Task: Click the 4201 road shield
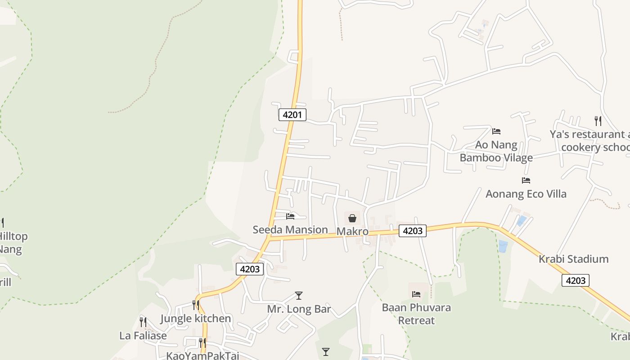(292, 115)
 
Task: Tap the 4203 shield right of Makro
(413, 231)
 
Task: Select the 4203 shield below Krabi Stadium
(576, 281)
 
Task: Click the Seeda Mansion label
(290, 229)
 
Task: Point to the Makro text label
(352, 232)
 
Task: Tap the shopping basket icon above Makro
(352, 219)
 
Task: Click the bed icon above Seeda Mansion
(290, 216)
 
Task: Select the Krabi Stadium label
(573, 259)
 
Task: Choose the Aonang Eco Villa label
(526, 194)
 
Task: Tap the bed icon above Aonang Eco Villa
(526, 180)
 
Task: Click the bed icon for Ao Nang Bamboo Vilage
(496, 131)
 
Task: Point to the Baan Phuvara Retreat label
(416, 314)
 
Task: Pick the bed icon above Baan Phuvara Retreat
(416, 294)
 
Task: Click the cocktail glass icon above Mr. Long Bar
(298, 296)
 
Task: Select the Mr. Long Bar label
(299, 309)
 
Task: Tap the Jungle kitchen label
(196, 319)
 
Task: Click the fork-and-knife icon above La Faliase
(143, 322)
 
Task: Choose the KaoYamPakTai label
(202, 355)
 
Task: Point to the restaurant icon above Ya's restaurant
(598, 121)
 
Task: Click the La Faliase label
(143, 336)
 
